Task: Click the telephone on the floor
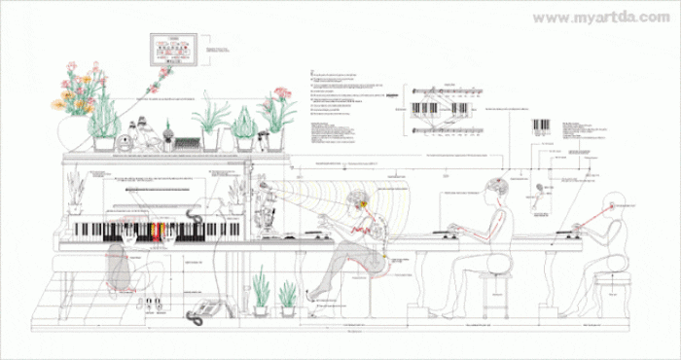[x=202, y=310]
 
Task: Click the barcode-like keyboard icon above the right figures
[x=540, y=126]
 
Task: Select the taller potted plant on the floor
[x=260, y=292]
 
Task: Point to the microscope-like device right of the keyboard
[x=264, y=204]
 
